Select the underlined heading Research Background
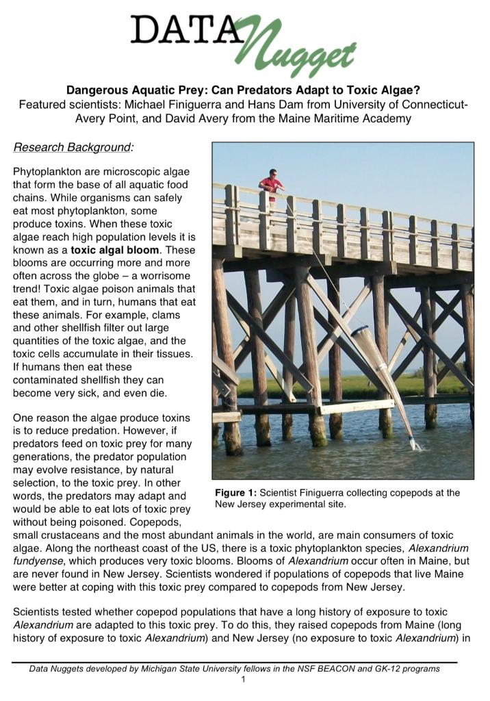pos(73,147)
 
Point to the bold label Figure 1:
pos(236,493)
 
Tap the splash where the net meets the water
pos(414,446)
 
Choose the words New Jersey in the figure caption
pos(239,505)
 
